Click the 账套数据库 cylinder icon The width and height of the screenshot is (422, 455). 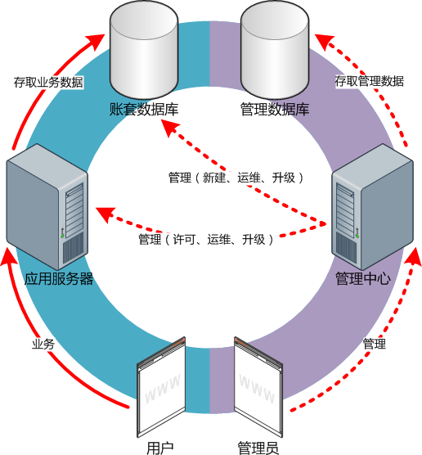point(144,49)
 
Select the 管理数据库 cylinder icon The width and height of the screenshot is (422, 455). point(275,49)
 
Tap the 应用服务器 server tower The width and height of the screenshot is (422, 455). point(47,206)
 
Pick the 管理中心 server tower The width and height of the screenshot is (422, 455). point(373,206)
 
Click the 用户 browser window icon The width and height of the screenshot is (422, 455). point(161,387)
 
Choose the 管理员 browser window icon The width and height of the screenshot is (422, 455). point(258,387)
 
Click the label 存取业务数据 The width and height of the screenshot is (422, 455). point(48,83)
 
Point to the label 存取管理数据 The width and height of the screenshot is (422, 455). point(369,81)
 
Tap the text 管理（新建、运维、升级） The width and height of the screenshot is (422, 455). point(236,178)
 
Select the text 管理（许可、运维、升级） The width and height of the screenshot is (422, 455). point(206,240)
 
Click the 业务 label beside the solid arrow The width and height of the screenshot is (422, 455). point(43,345)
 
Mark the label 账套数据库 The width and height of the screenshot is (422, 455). point(144,110)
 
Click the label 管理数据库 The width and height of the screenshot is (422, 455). point(275,110)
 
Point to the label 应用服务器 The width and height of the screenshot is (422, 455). point(59,279)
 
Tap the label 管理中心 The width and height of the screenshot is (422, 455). point(363,279)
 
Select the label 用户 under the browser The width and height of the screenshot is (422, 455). point(159,448)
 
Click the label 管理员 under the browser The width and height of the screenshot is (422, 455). point(258,448)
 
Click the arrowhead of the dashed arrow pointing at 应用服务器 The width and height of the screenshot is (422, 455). point(105,214)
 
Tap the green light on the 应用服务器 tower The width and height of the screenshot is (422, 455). point(62,237)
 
